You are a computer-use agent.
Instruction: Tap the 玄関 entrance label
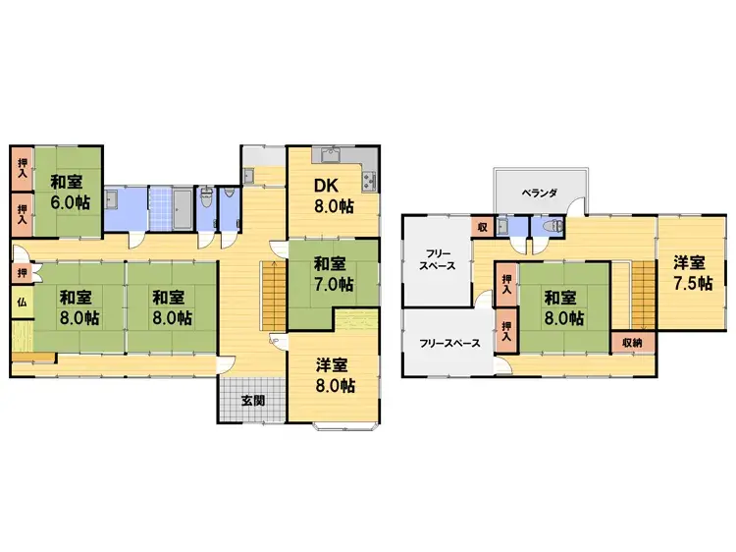[x=252, y=400]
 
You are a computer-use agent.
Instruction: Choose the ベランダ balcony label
[x=539, y=193]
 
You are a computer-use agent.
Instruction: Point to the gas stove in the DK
[x=370, y=181]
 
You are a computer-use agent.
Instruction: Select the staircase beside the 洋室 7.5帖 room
[x=642, y=295]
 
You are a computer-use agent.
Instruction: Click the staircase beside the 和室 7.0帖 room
[x=271, y=297]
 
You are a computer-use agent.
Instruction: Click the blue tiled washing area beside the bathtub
[x=152, y=208]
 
